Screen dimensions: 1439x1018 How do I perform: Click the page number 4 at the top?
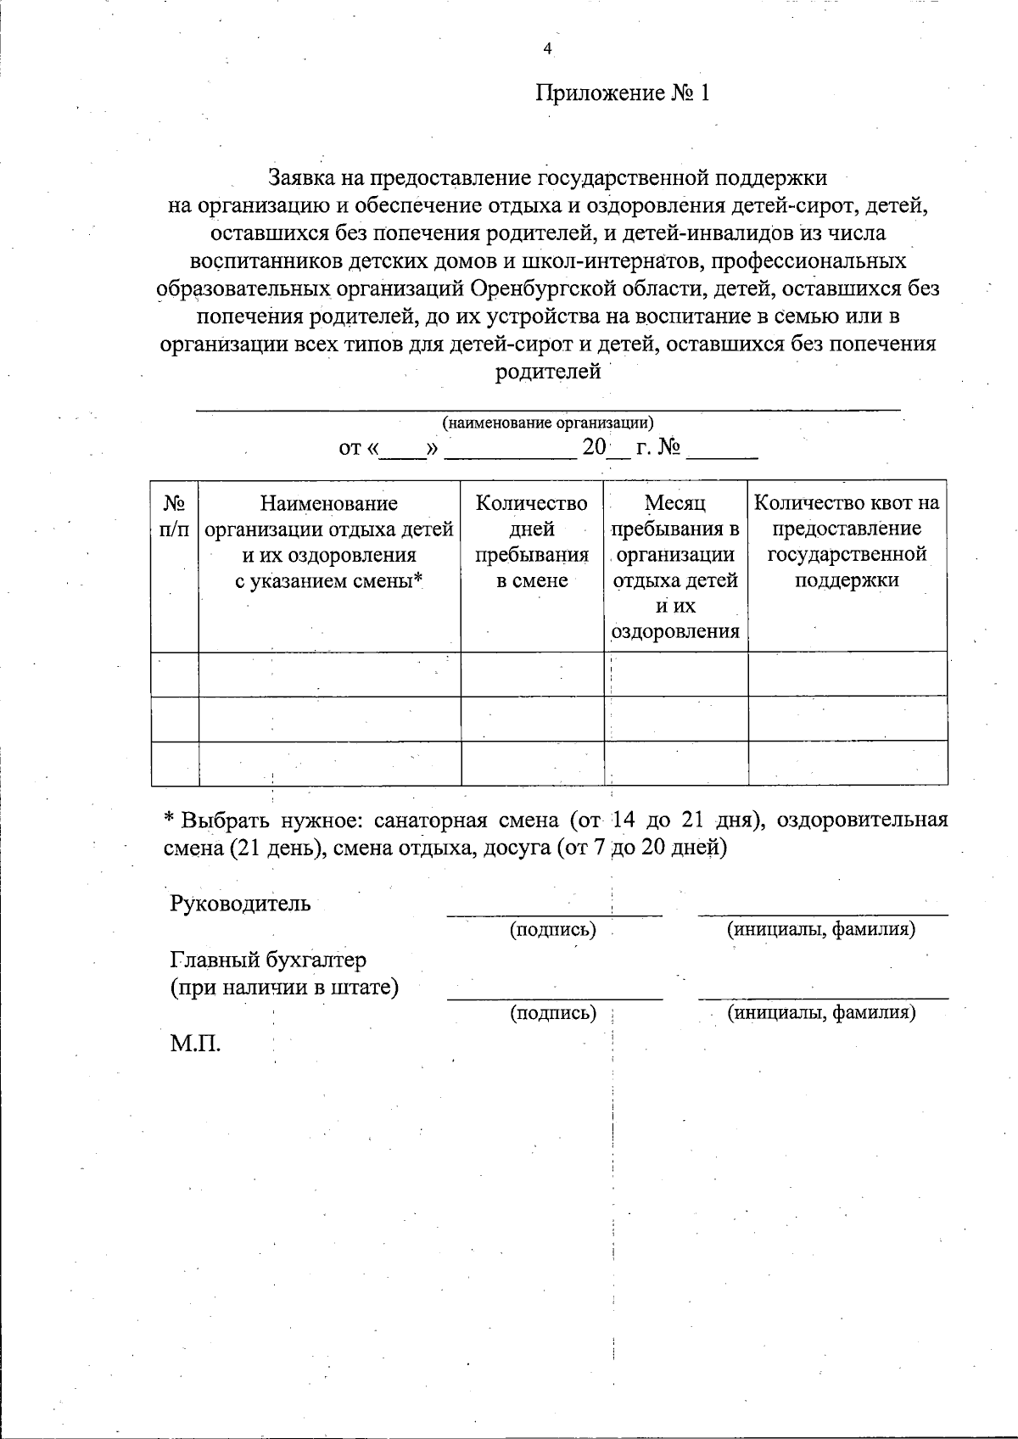tap(547, 49)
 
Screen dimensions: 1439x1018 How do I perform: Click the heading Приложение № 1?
tap(622, 93)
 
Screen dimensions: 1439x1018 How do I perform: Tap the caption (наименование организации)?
tap(547, 423)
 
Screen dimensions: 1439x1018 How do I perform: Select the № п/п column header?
tap(174, 516)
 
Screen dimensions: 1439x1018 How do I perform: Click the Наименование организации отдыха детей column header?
tap(329, 541)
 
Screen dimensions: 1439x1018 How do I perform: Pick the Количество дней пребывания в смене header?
tap(531, 541)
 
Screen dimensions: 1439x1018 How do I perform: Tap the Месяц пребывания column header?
tap(675, 567)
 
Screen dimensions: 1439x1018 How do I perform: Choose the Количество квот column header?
tap(847, 541)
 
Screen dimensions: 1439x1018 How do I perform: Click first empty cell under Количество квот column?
tap(847, 675)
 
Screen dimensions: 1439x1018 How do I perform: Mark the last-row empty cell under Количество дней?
tap(531, 763)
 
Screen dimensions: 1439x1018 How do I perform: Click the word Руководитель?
tap(240, 904)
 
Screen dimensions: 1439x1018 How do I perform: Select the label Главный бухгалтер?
tap(268, 960)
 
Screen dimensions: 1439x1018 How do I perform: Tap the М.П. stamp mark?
tap(195, 1044)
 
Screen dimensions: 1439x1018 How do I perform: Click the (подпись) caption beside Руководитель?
tap(552, 929)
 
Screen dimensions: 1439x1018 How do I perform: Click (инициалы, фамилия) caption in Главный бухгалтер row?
tap(821, 1012)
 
